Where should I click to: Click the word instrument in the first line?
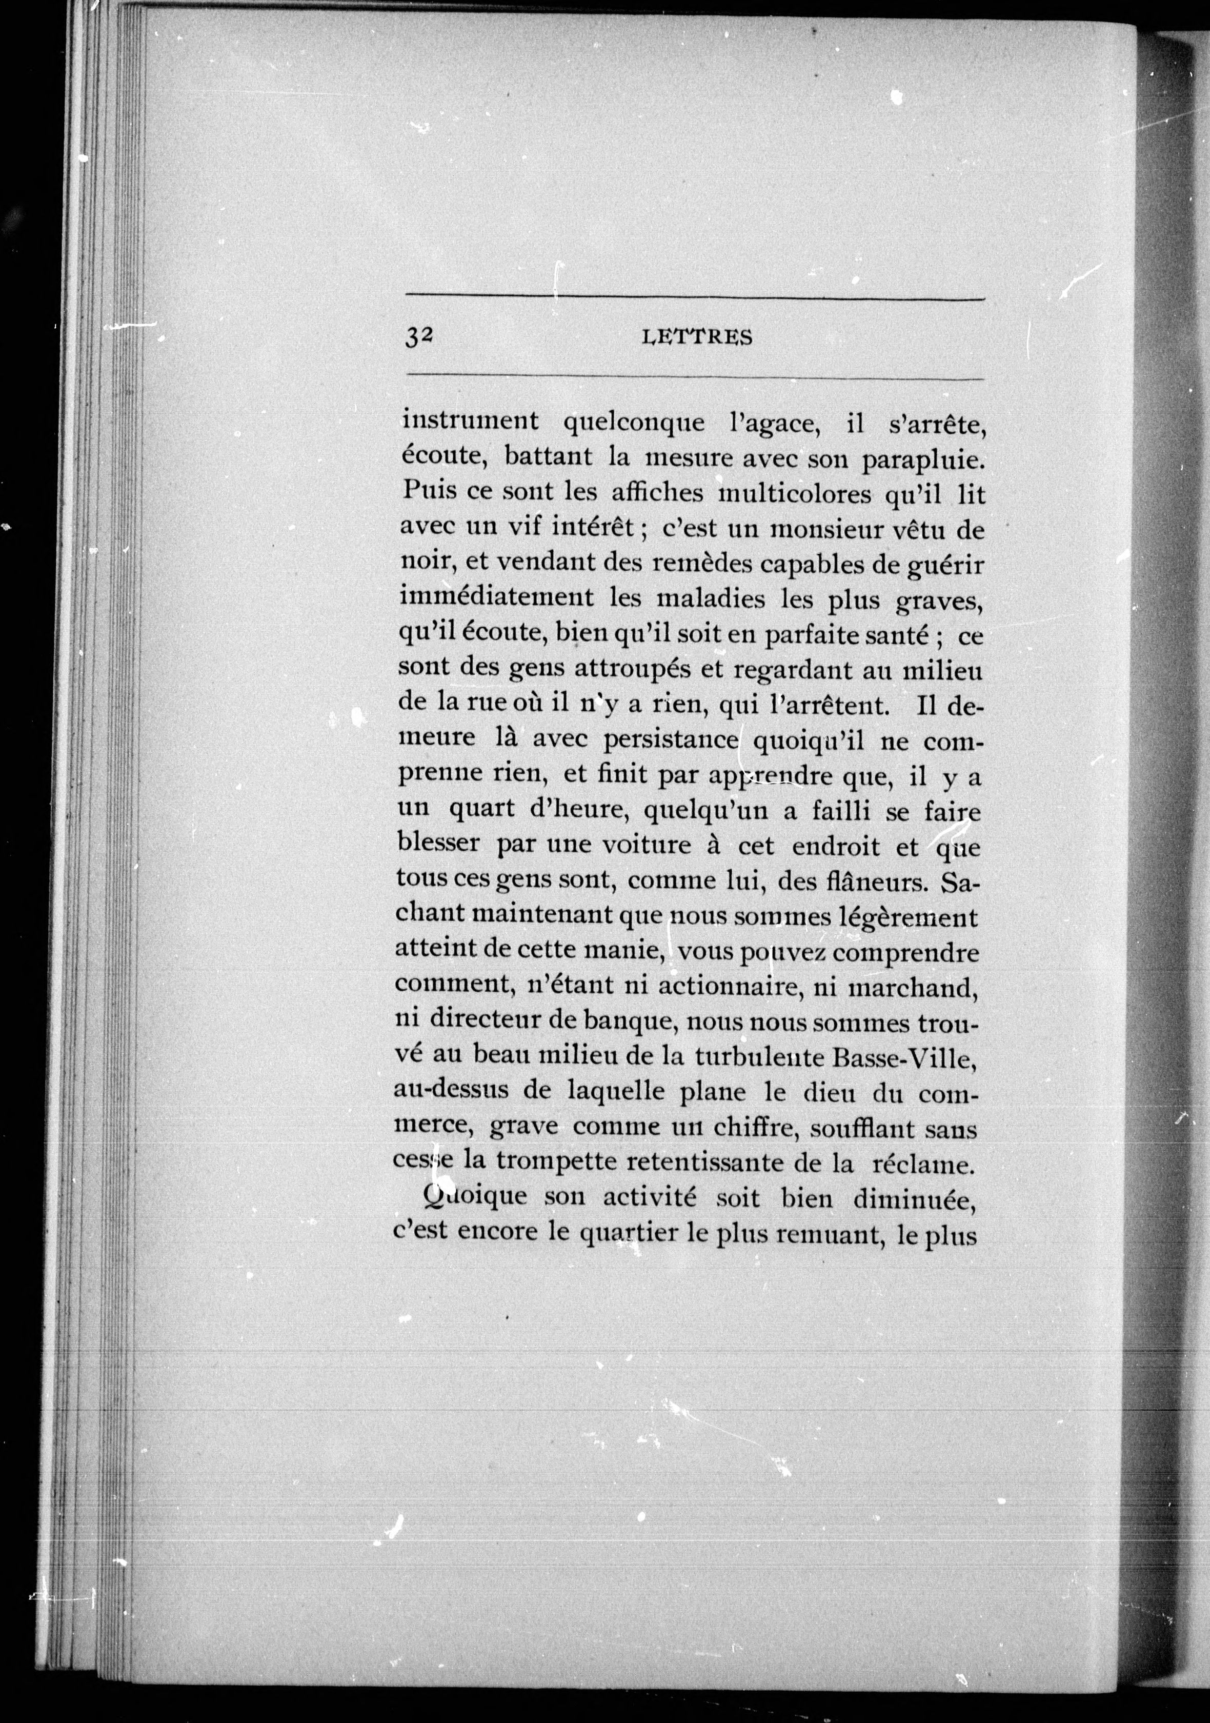pyautogui.click(x=470, y=420)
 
